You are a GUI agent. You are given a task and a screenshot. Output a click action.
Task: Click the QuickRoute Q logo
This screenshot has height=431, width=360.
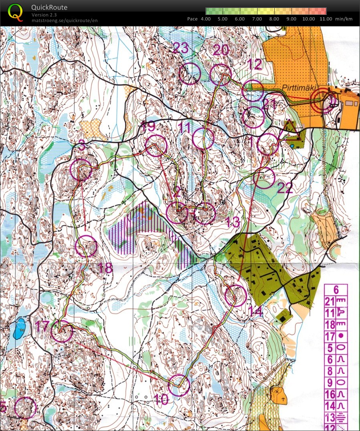[15, 12]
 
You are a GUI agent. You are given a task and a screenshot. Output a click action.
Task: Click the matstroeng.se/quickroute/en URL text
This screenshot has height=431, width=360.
[64, 20]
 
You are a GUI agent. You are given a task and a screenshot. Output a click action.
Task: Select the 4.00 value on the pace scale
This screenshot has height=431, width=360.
[205, 19]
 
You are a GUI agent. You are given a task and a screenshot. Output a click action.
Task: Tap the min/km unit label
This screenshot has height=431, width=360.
[344, 19]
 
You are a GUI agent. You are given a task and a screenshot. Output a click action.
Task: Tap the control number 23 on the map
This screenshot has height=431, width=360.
[181, 48]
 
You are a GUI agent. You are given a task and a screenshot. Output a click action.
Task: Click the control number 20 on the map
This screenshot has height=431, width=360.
[221, 50]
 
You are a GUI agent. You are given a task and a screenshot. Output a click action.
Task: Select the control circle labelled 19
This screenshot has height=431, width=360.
[155, 146]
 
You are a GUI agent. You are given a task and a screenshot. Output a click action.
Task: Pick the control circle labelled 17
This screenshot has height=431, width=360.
[62, 331]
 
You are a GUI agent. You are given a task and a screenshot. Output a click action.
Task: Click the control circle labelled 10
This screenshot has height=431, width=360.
[179, 385]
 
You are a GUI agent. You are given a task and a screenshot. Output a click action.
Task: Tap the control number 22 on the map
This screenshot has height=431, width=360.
[285, 188]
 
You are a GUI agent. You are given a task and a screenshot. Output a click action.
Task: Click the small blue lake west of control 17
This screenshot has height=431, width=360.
[20, 328]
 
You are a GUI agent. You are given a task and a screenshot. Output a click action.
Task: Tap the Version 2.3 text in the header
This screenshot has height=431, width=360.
[44, 15]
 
